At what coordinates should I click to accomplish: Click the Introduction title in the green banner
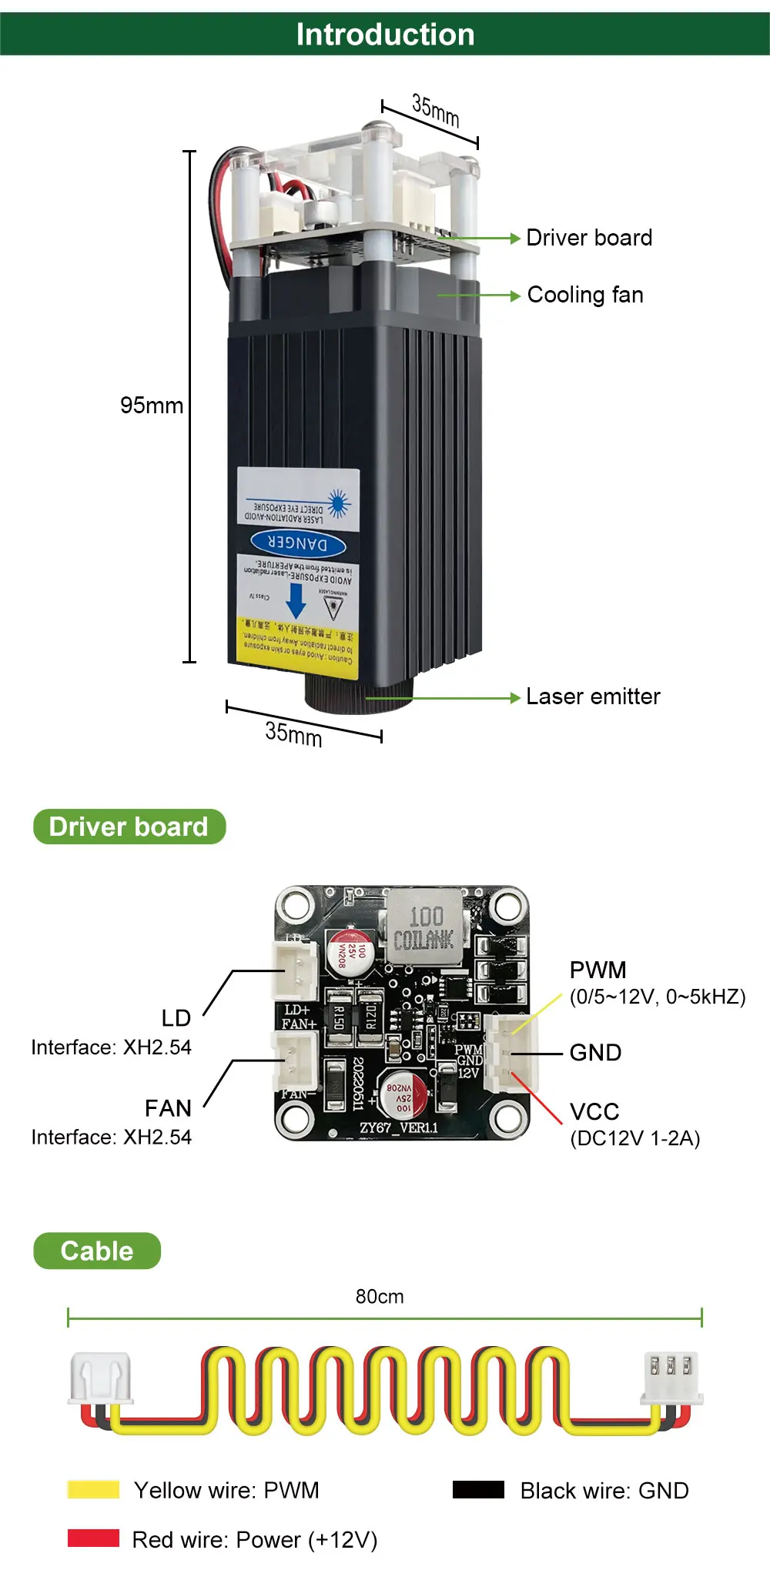385,35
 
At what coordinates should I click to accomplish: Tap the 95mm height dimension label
152,406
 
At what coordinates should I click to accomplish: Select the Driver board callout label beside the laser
589,238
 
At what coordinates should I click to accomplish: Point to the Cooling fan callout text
585,295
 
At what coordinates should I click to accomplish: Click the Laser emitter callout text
593,696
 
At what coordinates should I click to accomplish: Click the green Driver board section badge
129,827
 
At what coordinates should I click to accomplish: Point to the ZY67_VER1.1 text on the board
399,1127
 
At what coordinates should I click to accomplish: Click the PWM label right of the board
598,970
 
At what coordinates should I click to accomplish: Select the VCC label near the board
594,1111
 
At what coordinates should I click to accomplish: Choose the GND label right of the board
595,1052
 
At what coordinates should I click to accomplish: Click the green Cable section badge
97,1251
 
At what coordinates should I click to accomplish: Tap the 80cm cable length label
380,1297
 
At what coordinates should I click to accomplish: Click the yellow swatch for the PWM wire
93,1489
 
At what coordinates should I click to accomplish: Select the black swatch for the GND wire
478,1489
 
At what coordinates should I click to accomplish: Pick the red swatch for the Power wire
93,1538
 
